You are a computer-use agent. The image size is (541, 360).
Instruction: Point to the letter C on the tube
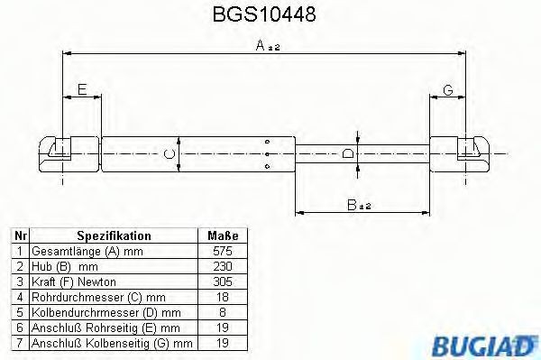pyautogui.click(x=168, y=154)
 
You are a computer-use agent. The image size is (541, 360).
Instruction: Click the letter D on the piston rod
pyautogui.click(x=348, y=154)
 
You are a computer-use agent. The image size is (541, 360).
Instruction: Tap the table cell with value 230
pyautogui.click(x=222, y=267)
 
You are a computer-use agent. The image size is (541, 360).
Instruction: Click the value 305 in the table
pyautogui.click(x=222, y=282)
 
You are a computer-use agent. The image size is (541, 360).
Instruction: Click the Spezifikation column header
pyautogui.click(x=114, y=235)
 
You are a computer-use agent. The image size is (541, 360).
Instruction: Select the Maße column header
pyautogui.click(x=222, y=235)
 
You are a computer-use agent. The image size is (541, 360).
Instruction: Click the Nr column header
pyautogui.click(x=21, y=235)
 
